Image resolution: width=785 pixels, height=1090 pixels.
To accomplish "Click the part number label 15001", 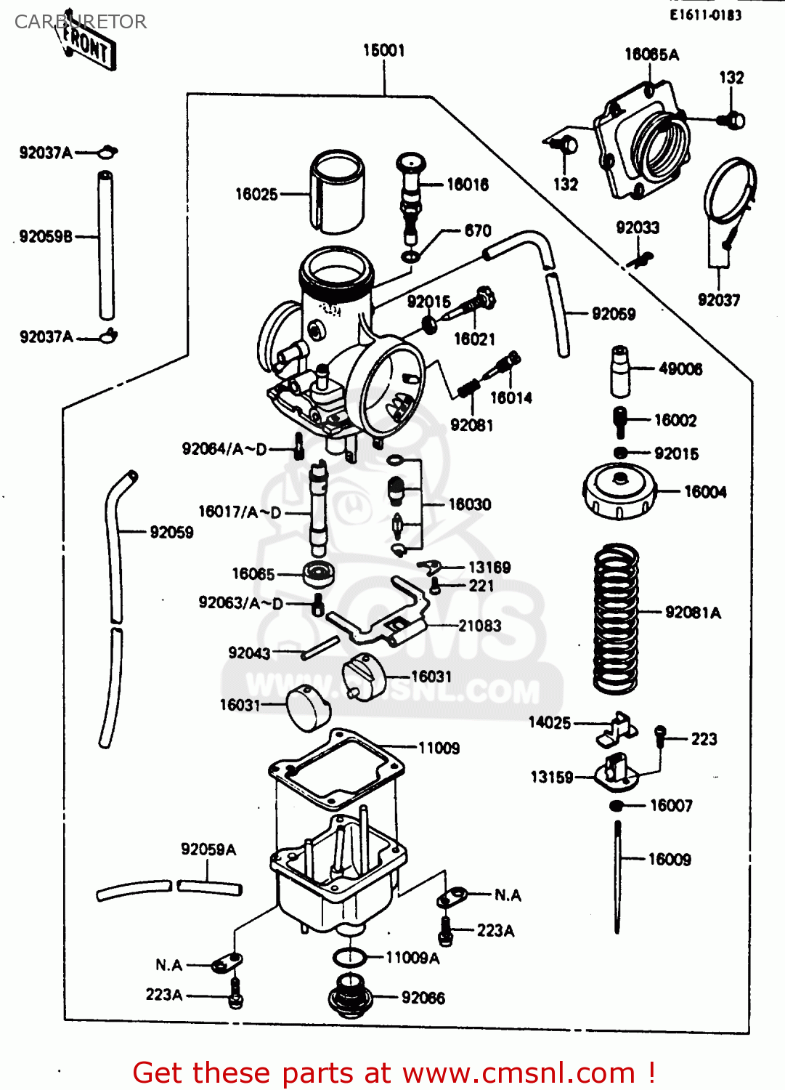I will pos(383,50).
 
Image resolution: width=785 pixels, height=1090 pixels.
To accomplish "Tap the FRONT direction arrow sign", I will pos(87,45).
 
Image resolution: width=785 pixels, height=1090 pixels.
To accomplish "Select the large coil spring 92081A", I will pos(616,618).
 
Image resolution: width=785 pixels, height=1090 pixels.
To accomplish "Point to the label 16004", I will pos(704,492).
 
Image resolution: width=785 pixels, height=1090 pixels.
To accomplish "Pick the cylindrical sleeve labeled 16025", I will pos(337,192).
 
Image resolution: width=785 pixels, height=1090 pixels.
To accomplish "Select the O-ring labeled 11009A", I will pos(350,958).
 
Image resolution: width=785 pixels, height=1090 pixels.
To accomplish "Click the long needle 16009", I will pos(617,876).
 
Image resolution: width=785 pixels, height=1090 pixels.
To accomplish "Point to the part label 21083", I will pos(479,626).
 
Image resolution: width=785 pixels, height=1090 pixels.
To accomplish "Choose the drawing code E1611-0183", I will pos(705,15).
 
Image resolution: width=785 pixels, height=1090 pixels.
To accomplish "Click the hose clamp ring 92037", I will pos(729,193).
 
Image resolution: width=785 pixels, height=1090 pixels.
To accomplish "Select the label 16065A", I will pos(651,54).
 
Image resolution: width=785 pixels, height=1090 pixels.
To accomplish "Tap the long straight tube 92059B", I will pos(106,244).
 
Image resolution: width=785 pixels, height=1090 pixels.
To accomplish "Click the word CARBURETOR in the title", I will pos(81,22).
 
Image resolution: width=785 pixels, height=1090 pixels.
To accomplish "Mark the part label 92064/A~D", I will pos(224,449).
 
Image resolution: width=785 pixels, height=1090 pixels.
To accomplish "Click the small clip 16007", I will pos(617,805).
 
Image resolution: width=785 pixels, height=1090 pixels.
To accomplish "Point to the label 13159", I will pos(551,778).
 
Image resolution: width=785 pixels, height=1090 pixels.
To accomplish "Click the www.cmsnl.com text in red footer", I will pos(518,1073).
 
